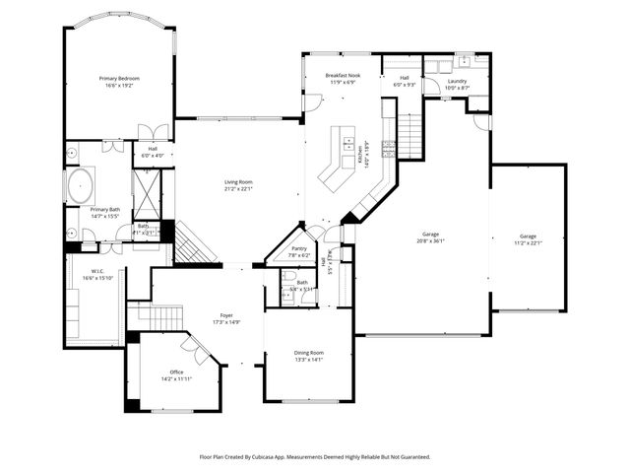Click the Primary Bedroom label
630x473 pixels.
[x=119, y=78]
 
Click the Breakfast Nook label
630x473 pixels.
[x=343, y=75]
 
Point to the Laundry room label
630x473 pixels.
[x=457, y=81]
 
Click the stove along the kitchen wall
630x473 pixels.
[x=388, y=150]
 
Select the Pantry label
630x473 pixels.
[x=298, y=248]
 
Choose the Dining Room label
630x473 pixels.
[x=308, y=352]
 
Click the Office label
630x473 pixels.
[x=176, y=372]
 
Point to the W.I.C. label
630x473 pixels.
[x=98, y=271]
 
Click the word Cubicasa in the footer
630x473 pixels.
[x=283, y=457]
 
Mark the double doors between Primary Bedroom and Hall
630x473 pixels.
[x=149, y=132]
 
